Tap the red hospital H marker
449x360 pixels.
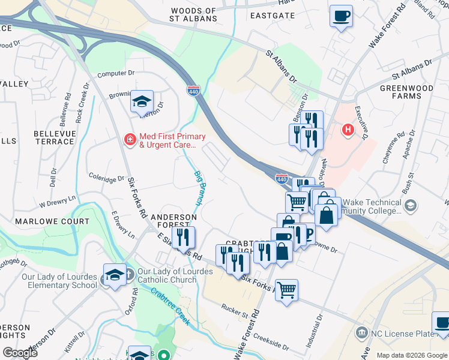(347, 129)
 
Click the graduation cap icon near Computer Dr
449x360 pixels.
(142, 101)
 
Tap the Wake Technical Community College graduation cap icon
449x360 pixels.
(411, 206)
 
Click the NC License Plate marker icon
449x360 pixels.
(361, 332)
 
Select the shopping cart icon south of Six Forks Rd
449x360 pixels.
(287, 291)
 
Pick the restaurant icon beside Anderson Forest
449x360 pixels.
(183, 237)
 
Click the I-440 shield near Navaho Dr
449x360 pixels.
(282, 178)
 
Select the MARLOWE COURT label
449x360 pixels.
(60, 221)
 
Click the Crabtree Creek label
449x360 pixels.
(170, 307)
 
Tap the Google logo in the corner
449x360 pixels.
(20, 353)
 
